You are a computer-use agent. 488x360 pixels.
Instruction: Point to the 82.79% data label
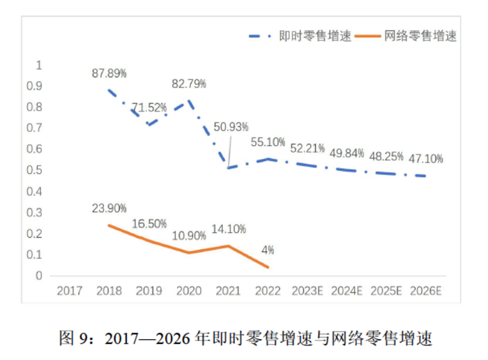190,84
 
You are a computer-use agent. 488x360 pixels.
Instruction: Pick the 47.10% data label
426,158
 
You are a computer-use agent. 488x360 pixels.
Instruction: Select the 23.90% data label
109,209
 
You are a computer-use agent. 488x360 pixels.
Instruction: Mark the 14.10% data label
228,228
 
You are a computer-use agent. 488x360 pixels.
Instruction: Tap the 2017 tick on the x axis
70,290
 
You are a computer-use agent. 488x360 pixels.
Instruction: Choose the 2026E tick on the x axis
427,290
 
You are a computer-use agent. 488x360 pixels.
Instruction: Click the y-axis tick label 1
39,65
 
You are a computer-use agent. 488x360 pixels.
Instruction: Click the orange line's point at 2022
268,267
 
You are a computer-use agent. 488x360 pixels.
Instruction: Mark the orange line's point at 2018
109,225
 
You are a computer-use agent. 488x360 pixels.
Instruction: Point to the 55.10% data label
268,142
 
